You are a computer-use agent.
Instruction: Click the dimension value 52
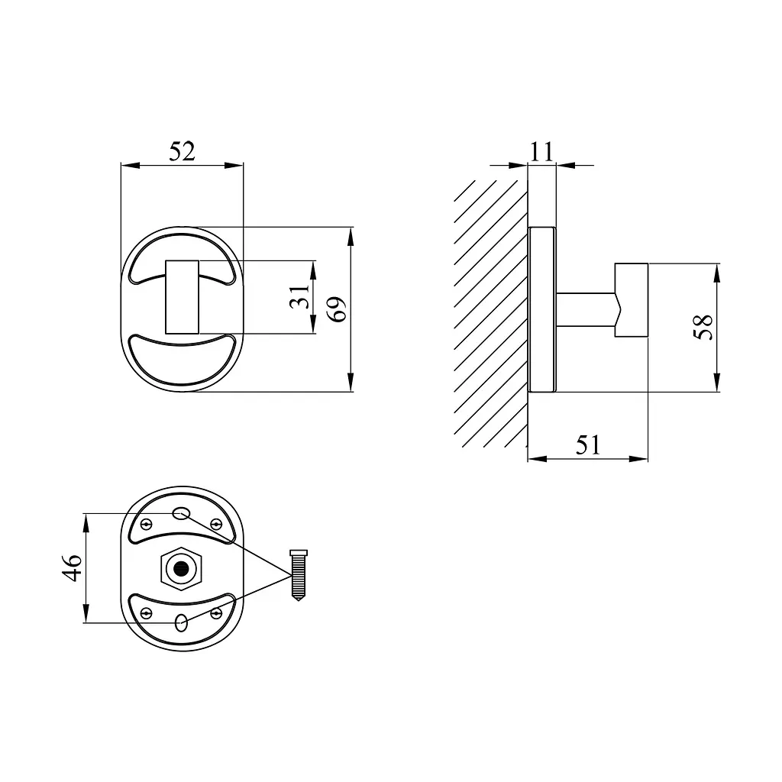[x=182, y=151]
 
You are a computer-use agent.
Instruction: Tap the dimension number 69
[x=338, y=309]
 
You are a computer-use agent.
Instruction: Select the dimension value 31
[x=300, y=297]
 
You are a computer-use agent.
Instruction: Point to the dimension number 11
[x=541, y=152]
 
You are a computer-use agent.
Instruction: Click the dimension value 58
[x=703, y=327]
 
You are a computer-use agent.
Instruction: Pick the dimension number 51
[x=588, y=445]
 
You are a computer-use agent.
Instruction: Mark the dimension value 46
[x=72, y=567]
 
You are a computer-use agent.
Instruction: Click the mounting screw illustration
[x=299, y=575]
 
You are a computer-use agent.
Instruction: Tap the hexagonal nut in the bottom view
[x=181, y=568]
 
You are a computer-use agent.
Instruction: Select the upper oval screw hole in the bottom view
[x=181, y=512]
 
